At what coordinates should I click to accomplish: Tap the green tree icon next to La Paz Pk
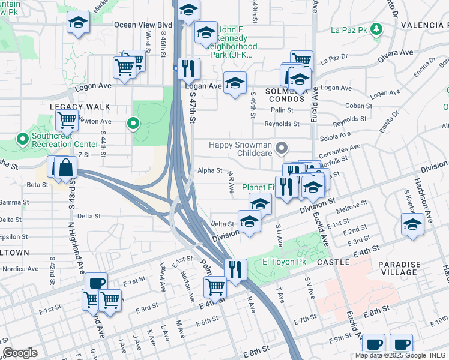click(376, 28)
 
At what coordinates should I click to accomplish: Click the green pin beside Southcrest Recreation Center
click(23, 140)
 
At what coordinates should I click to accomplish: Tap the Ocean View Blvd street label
click(143, 25)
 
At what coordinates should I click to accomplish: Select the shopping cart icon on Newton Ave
click(67, 120)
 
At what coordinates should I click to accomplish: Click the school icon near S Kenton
click(412, 224)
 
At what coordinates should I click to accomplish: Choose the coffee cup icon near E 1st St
click(95, 283)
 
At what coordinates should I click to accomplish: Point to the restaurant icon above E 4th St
click(235, 268)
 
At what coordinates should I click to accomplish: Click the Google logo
click(20, 353)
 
